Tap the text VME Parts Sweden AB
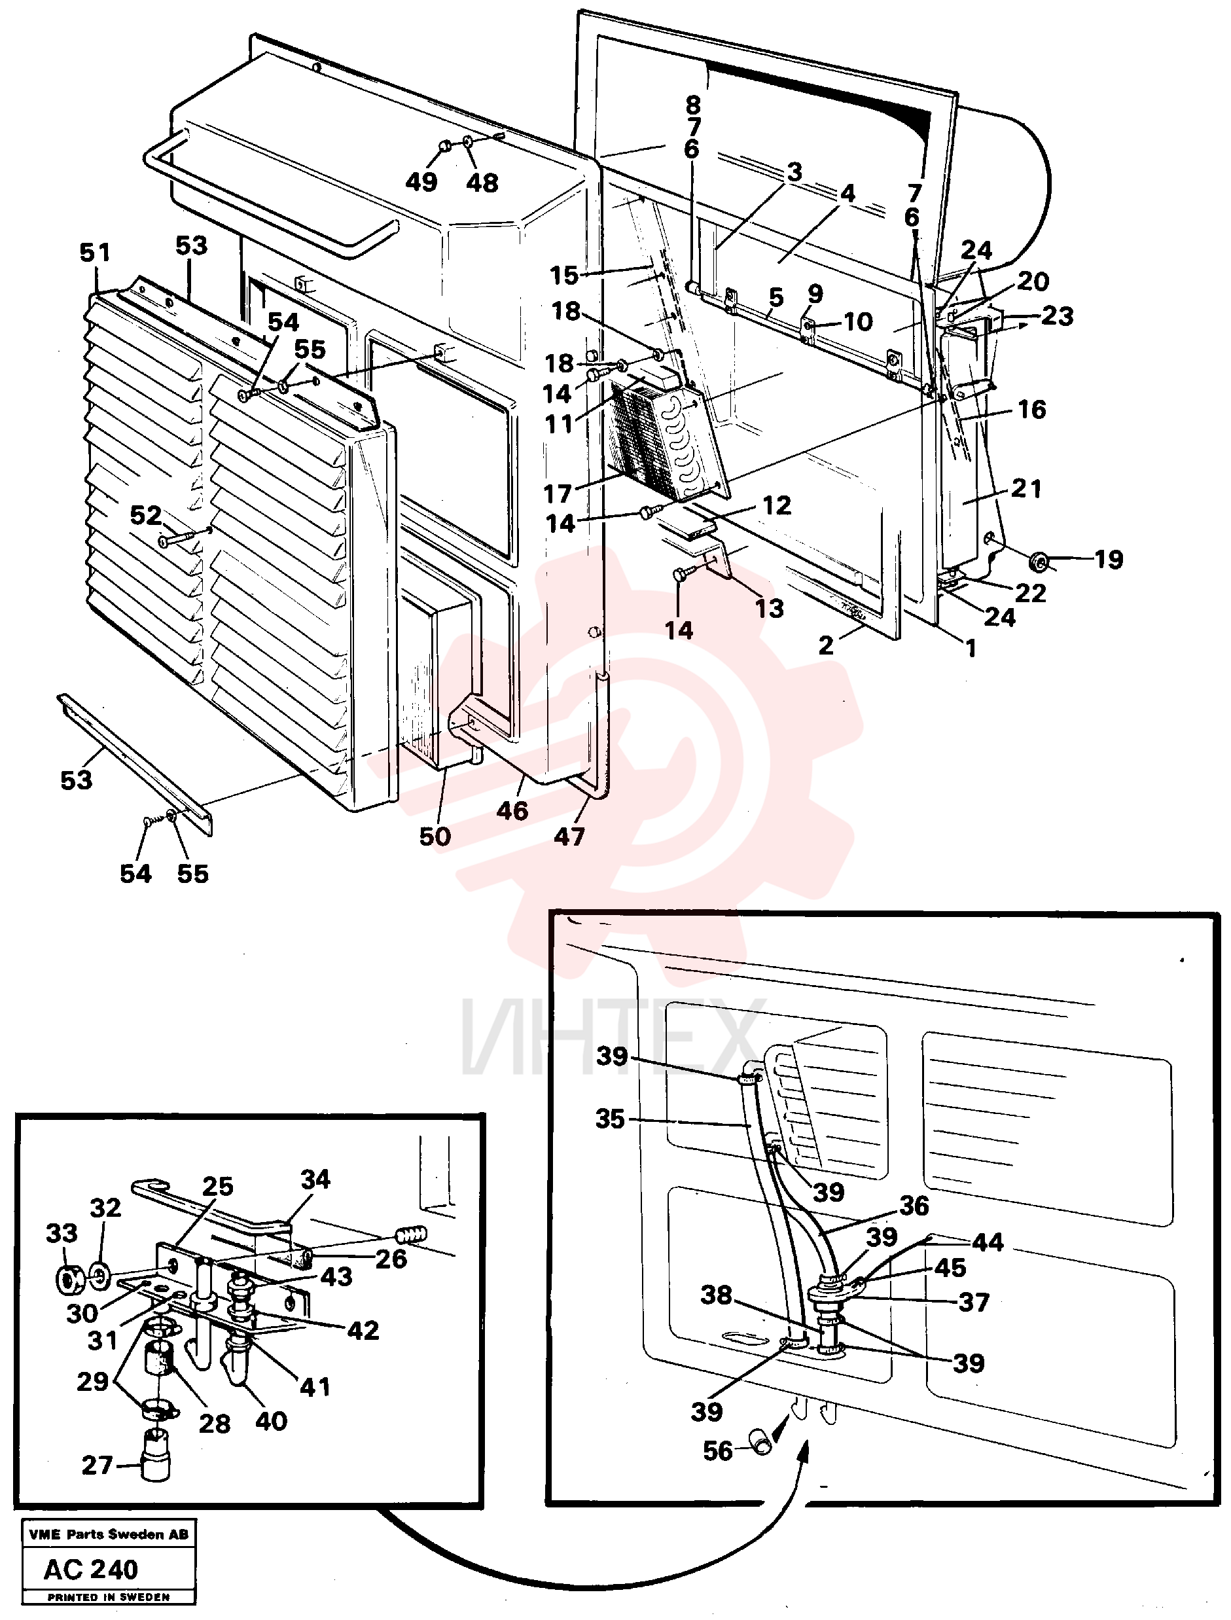pyautogui.click(x=109, y=1534)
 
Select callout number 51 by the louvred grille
pyautogui.click(x=96, y=253)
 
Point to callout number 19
pyautogui.click(x=1109, y=559)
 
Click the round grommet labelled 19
pyautogui.click(x=1037, y=562)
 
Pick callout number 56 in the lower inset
pyautogui.click(x=717, y=1450)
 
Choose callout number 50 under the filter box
pyautogui.click(x=435, y=836)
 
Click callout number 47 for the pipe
pyautogui.click(x=569, y=836)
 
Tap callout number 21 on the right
pyautogui.click(x=1026, y=488)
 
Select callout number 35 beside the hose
pyautogui.click(x=611, y=1119)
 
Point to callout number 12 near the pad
pyautogui.click(x=777, y=505)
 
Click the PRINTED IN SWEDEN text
pyautogui.click(x=109, y=1597)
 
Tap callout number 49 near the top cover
pyautogui.click(x=421, y=182)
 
